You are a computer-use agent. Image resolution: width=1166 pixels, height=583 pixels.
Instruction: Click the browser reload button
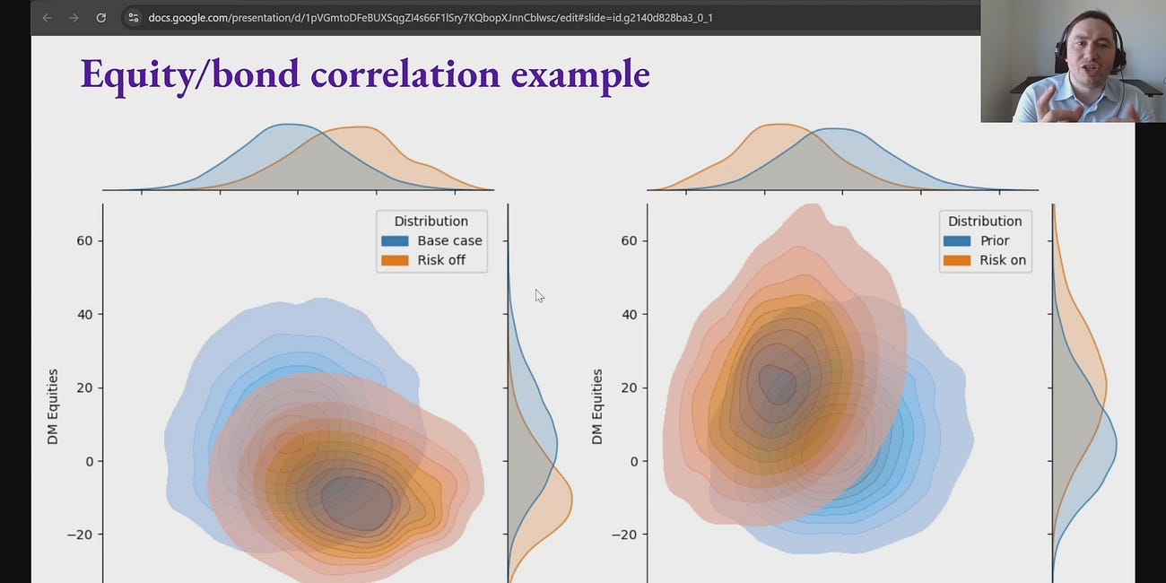[x=101, y=18]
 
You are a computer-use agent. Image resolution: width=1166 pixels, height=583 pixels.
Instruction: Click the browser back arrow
[x=47, y=18]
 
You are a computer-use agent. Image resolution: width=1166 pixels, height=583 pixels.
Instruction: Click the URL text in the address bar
[x=431, y=18]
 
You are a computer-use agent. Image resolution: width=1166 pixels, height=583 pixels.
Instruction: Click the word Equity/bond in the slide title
[x=189, y=74]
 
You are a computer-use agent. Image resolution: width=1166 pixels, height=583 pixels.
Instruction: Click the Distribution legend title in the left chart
[x=431, y=221]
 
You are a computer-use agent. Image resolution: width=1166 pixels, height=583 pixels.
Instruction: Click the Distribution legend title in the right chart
[x=985, y=221]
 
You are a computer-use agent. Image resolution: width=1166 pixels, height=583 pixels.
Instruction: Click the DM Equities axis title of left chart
[x=53, y=406]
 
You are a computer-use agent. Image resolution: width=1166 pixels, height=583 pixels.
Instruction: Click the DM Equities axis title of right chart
[x=597, y=406]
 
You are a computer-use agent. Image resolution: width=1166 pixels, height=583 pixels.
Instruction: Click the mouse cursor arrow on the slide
[x=539, y=295]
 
